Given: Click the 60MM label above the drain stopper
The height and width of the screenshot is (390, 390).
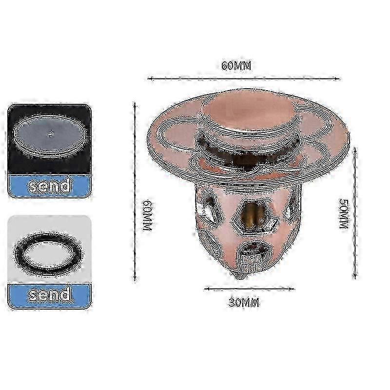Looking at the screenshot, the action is pyautogui.click(x=236, y=66).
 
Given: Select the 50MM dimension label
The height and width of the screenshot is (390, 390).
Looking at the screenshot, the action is pyautogui.click(x=345, y=214).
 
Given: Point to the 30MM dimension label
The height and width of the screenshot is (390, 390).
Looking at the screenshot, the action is pyautogui.click(x=244, y=303).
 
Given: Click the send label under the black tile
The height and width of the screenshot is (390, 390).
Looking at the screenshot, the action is pyautogui.click(x=49, y=186).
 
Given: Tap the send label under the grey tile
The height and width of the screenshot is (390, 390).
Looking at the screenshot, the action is pyautogui.click(x=49, y=295).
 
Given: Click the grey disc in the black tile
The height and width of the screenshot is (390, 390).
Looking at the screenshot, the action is pyautogui.click(x=50, y=136).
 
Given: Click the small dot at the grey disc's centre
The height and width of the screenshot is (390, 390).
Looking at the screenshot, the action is pyautogui.click(x=51, y=134).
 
